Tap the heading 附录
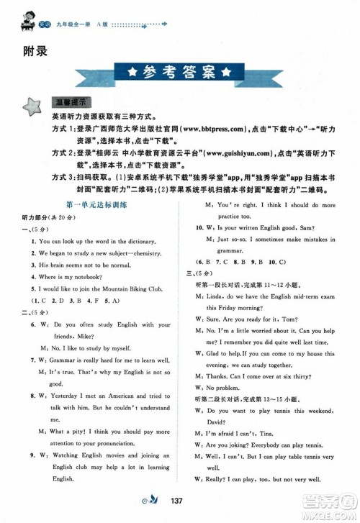tap(23, 50)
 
